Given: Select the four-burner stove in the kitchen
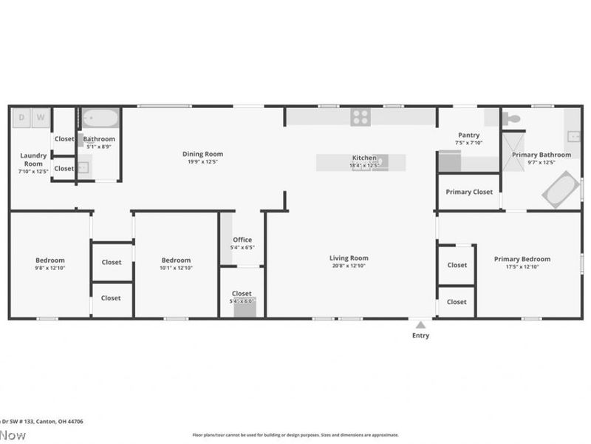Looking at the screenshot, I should click(361, 116).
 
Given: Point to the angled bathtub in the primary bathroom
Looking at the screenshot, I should click(561, 189).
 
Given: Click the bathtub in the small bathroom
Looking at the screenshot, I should click(100, 118).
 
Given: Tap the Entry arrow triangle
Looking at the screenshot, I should click(420, 324).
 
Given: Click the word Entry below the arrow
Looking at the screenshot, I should click(420, 335).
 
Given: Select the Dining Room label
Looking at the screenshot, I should click(202, 154).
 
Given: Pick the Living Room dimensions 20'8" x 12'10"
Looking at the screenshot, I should click(349, 266).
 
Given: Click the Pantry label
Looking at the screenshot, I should click(469, 135).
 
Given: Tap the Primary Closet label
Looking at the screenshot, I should click(469, 192).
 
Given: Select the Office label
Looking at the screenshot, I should click(242, 240).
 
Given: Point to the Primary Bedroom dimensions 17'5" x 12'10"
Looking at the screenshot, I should click(522, 266).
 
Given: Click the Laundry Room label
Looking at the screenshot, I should click(33, 159).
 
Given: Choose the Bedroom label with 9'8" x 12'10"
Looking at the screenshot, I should click(50, 260).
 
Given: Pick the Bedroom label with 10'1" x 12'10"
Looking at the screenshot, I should click(177, 260).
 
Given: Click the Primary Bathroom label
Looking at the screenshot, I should click(542, 155).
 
